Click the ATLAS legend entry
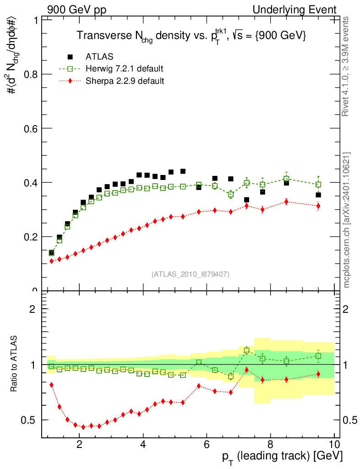click(x=99, y=57)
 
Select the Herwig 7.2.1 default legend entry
click(x=124, y=69)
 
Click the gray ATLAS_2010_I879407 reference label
click(x=191, y=274)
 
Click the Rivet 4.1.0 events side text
click(x=347, y=66)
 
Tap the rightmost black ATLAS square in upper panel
click(x=318, y=195)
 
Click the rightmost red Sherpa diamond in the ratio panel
click(x=318, y=374)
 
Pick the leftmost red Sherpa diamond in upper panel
click(x=51, y=261)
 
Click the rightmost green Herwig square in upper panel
click(x=318, y=185)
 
